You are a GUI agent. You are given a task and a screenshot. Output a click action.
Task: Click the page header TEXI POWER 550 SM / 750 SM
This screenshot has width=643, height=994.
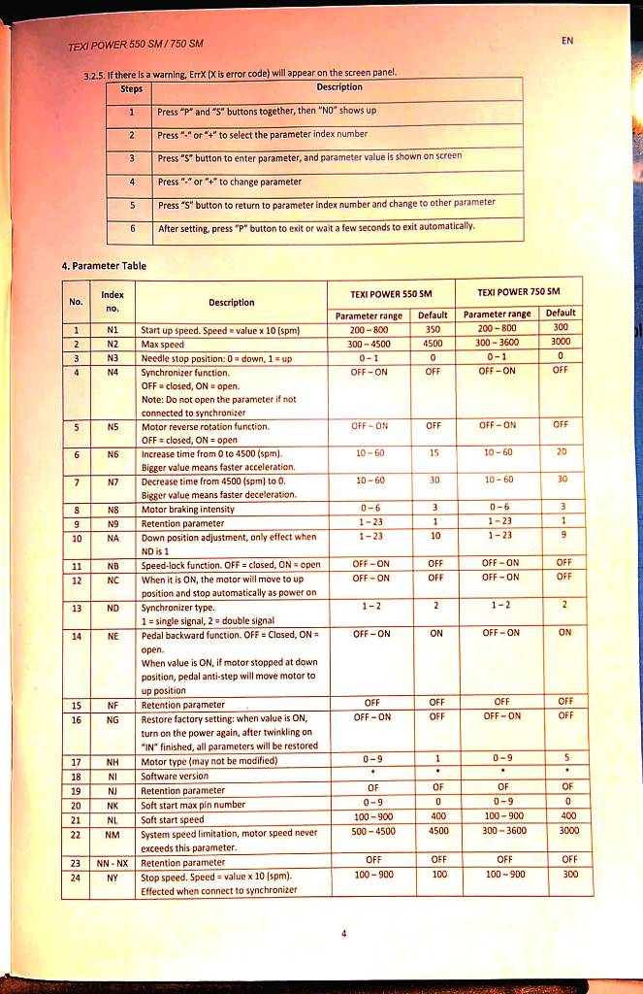136,46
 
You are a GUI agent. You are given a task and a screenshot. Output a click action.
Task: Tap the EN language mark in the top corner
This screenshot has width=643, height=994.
566,41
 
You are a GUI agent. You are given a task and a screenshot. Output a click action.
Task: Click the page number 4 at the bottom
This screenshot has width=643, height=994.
343,933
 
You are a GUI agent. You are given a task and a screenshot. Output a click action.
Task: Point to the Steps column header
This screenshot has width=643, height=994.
131,88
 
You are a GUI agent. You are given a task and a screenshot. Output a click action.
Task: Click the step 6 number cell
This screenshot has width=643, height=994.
131,228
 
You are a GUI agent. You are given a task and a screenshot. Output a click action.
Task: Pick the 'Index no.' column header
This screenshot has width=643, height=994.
113,301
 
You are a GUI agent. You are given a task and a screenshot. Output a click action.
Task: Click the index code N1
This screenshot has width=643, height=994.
113,329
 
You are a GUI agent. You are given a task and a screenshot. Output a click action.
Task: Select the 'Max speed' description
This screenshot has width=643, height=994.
163,344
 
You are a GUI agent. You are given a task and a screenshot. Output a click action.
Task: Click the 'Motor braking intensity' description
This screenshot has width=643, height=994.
188,509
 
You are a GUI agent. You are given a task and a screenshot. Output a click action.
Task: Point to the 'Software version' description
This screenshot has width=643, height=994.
175,777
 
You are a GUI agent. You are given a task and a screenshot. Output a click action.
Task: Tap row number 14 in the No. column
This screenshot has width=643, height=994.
76,636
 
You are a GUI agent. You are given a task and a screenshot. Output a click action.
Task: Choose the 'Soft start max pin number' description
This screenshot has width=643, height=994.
193,806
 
